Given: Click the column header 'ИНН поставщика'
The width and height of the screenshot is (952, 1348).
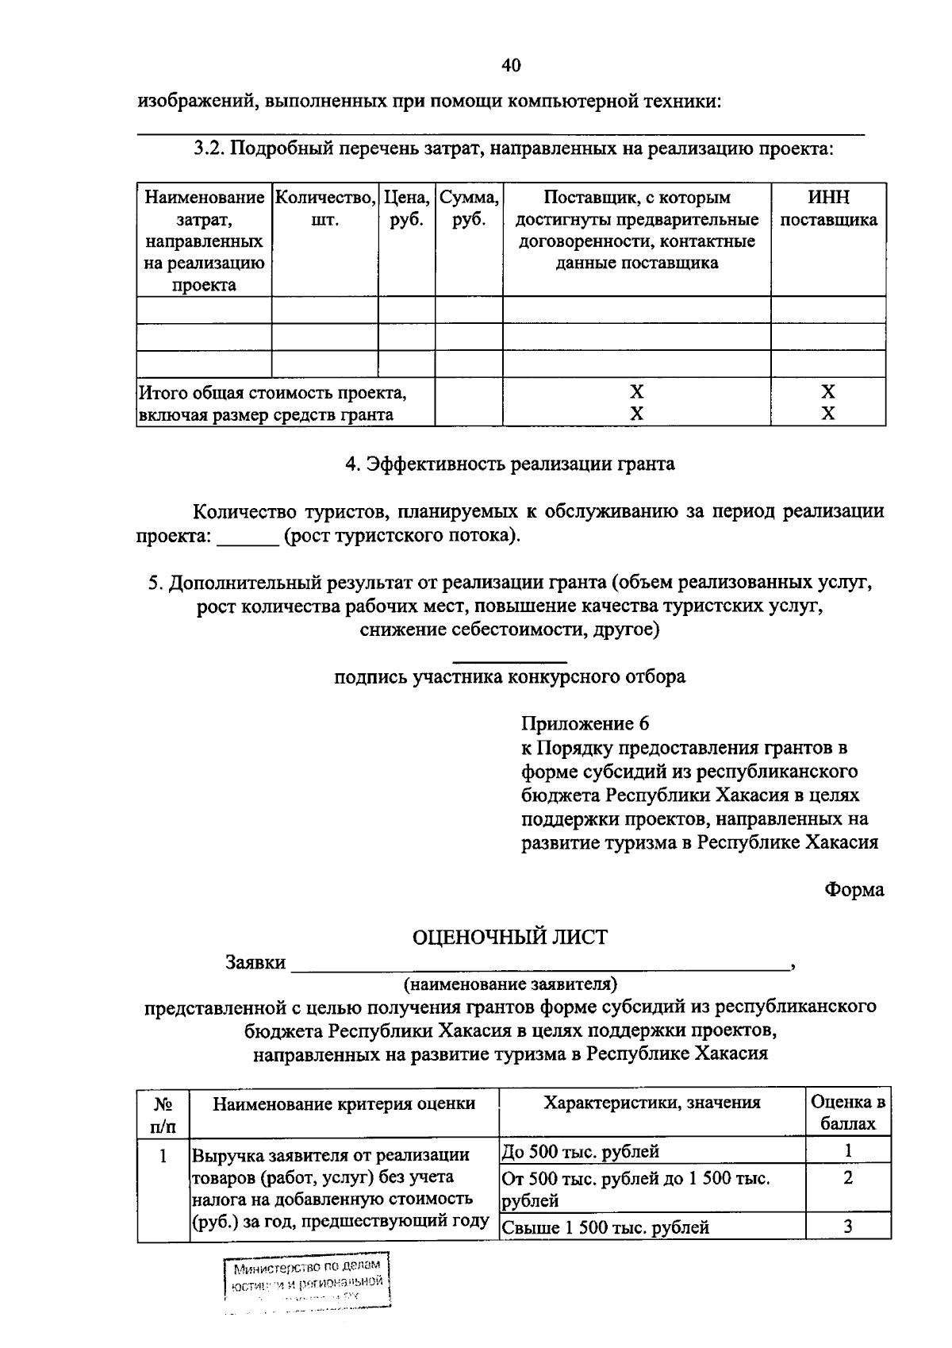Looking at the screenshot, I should (x=828, y=209).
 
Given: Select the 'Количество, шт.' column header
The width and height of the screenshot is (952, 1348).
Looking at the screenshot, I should (x=324, y=209).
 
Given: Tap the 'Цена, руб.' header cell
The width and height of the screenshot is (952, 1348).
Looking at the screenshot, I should (x=406, y=209).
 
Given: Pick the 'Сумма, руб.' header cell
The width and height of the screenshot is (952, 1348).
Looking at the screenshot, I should (x=469, y=209).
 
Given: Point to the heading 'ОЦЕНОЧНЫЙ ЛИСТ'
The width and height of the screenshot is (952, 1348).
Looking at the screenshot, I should (x=509, y=938).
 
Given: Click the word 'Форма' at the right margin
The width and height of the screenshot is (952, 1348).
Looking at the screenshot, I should (x=854, y=890).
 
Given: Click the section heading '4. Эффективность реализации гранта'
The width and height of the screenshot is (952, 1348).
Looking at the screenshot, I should (x=509, y=464).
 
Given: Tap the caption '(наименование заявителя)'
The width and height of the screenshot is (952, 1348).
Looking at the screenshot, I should (x=510, y=985).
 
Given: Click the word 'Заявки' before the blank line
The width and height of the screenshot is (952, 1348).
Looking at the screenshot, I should (x=255, y=963).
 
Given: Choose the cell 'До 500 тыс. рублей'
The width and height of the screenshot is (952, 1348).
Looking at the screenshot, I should (x=581, y=1151).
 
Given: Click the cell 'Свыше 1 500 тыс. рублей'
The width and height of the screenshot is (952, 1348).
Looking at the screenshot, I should (x=605, y=1227).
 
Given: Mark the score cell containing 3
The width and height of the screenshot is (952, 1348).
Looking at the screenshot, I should (x=847, y=1227).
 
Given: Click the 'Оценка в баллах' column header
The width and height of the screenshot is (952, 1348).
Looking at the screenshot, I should (x=847, y=1113).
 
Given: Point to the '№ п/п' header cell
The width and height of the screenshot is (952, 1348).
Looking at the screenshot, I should (x=163, y=1113).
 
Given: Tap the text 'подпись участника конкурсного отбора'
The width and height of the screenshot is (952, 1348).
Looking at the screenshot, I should (x=509, y=677).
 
